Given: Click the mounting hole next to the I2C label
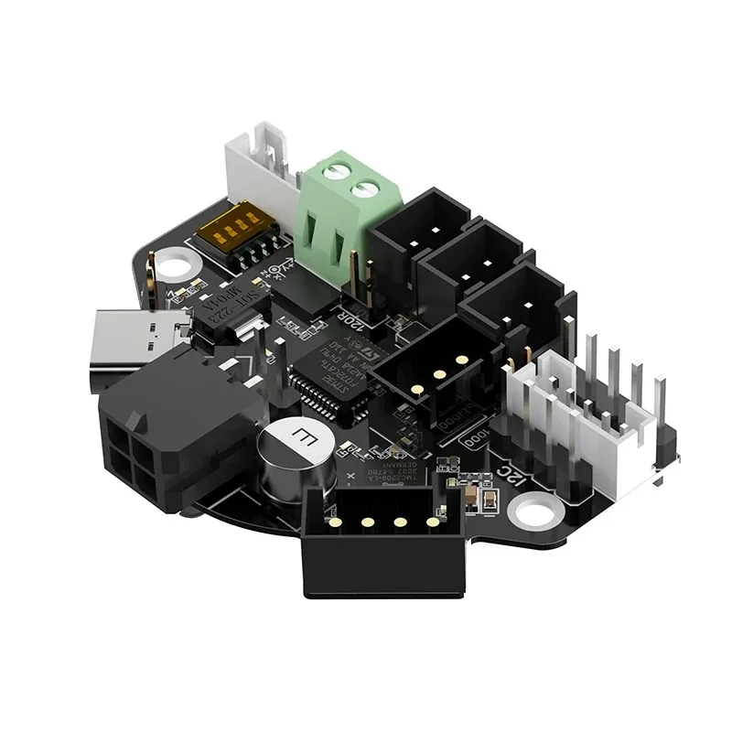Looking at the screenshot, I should (534, 510).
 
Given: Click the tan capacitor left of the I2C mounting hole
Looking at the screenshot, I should (470, 496).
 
